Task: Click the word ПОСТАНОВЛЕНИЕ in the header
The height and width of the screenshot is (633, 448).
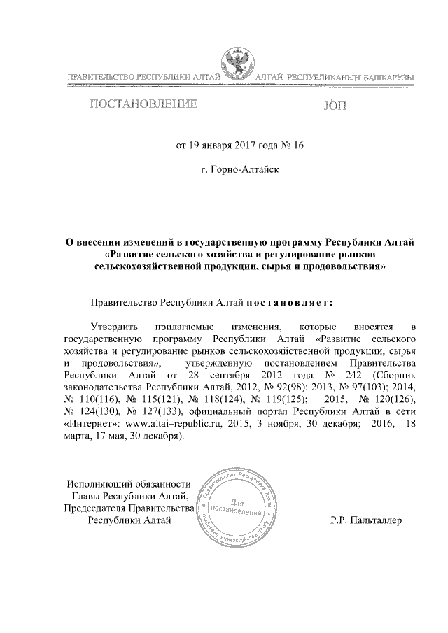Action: [142, 106]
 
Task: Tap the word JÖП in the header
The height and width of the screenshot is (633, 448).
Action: [335, 106]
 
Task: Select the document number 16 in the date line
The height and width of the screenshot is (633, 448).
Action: [299, 147]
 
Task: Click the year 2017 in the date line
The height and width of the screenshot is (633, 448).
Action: [242, 147]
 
